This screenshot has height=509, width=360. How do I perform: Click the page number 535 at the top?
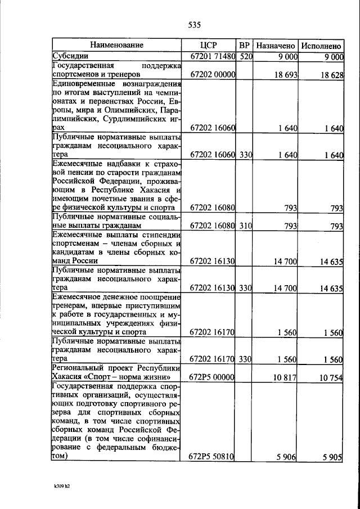[x=194, y=25]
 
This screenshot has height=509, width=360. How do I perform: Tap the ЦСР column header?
[x=208, y=45]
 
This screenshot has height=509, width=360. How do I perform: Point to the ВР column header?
[x=244, y=45]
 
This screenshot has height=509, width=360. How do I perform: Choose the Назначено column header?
[x=275, y=45]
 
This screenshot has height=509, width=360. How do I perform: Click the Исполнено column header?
[x=321, y=45]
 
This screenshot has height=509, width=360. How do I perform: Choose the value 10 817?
[x=285, y=377]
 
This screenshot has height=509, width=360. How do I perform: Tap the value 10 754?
[x=331, y=377]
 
